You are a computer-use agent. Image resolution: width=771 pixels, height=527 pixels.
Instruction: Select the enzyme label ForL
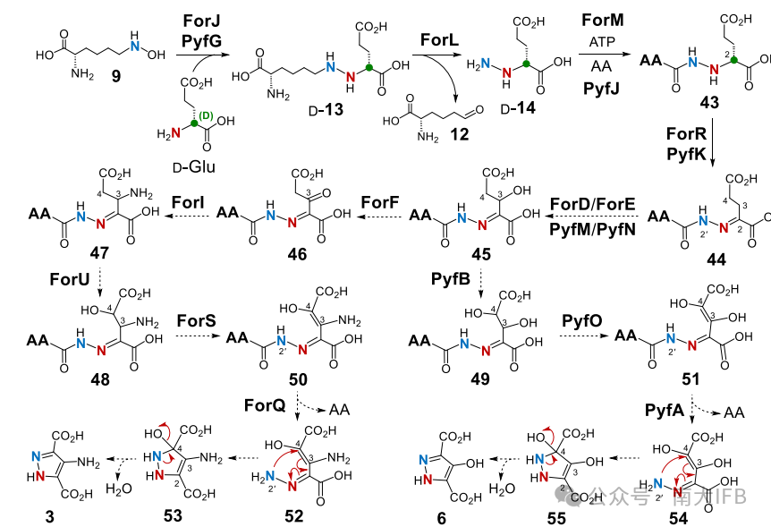coord(443,40)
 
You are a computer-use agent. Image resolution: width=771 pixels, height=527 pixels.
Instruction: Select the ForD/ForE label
coord(592,204)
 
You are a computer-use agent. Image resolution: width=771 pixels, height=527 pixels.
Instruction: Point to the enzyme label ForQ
coord(264,405)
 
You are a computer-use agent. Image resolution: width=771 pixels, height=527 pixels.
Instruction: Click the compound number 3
coord(47,515)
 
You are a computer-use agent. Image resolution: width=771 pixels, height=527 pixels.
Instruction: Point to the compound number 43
coord(709,104)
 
